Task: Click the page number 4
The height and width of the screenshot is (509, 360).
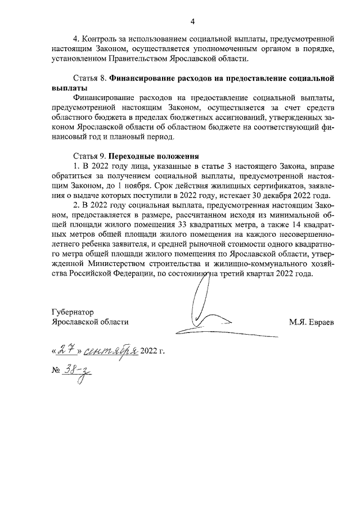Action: point(192,22)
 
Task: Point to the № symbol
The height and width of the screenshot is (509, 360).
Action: point(55,372)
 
